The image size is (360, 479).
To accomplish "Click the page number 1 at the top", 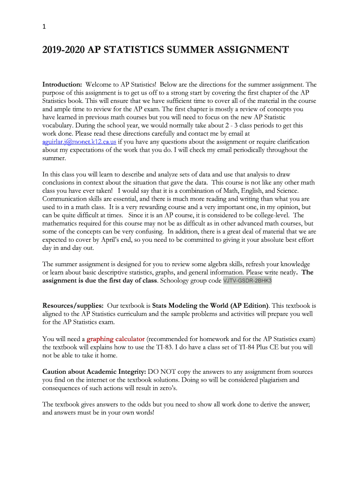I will [x=44, y=27].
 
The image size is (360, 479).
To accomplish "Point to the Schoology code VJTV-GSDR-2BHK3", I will [x=247, y=281].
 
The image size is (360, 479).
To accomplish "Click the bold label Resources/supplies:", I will [x=73, y=305].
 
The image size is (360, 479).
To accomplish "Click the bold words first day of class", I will [x=129, y=281].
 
